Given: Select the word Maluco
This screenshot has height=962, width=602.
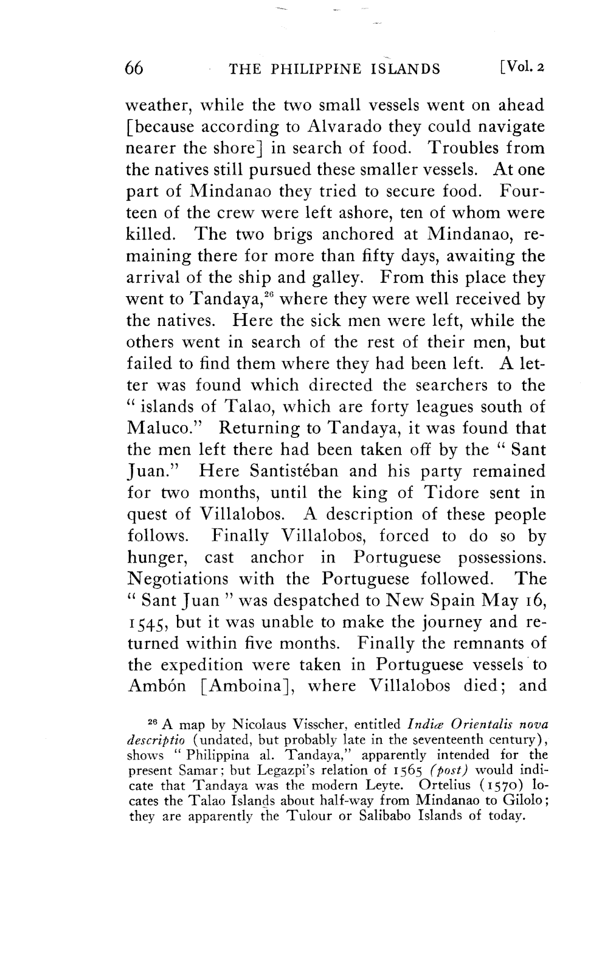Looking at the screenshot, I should [162, 429].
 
